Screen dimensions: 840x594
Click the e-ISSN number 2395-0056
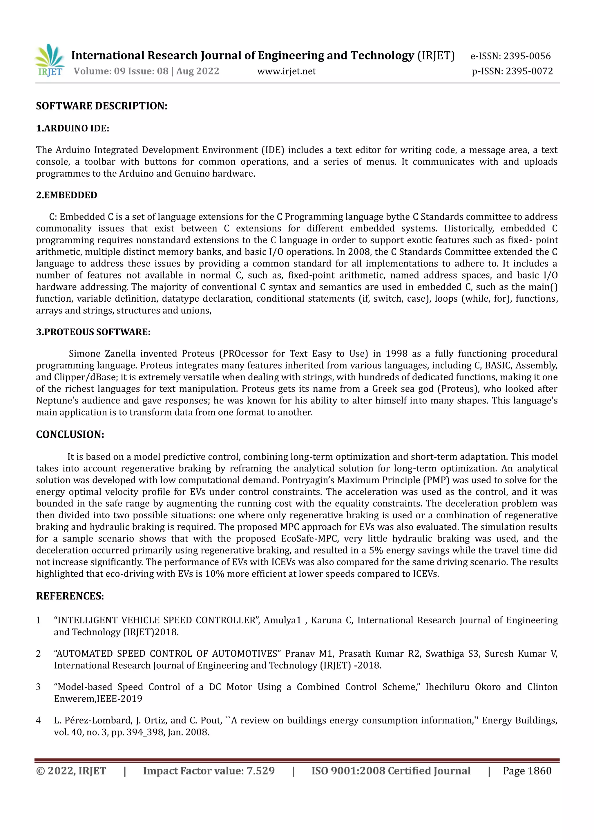pyautogui.click(x=527, y=56)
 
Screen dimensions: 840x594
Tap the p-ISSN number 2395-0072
pyautogui.click(x=529, y=71)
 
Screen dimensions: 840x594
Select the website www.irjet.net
pyautogui.click(x=286, y=71)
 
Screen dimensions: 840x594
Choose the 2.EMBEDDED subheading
pyautogui.click(x=67, y=195)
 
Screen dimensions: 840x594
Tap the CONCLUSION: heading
pyautogui.click(x=70, y=434)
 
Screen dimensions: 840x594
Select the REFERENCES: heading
pyautogui.click(x=70, y=596)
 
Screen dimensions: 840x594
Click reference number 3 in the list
pyautogui.click(x=38, y=687)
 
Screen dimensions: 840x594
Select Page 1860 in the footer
pyautogui.click(x=527, y=771)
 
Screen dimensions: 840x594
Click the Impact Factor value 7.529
pyautogui.click(x=260, y=771)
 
